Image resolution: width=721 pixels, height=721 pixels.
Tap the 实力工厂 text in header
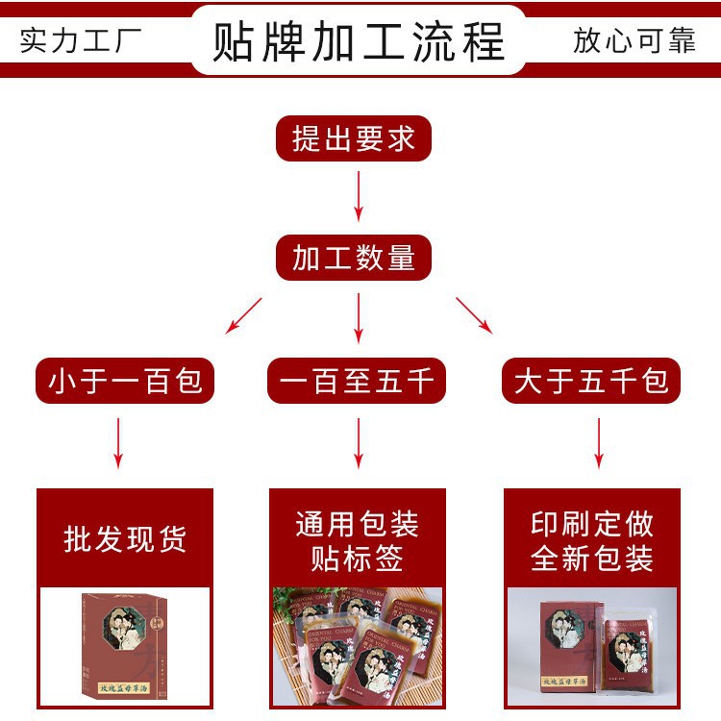click(81, 41)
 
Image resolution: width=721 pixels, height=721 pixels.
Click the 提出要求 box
click(354, 139)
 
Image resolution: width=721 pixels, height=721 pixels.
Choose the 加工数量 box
click(354, 259)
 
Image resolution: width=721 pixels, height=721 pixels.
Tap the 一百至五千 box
click(358, 382)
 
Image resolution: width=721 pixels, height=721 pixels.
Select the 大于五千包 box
click(591, 382)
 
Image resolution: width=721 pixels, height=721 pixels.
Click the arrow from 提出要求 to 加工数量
click(359, 197)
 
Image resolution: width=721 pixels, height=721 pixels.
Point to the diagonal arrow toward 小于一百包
click(243, 315)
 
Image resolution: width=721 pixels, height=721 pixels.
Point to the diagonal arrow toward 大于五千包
click(474, 315)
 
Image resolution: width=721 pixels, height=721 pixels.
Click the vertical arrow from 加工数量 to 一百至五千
click(359, 317)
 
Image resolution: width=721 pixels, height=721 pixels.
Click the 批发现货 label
click(125, 539)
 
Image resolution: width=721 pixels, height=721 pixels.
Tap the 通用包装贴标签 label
click(357, 541)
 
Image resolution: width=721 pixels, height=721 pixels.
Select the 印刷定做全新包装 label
click(592, 541)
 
